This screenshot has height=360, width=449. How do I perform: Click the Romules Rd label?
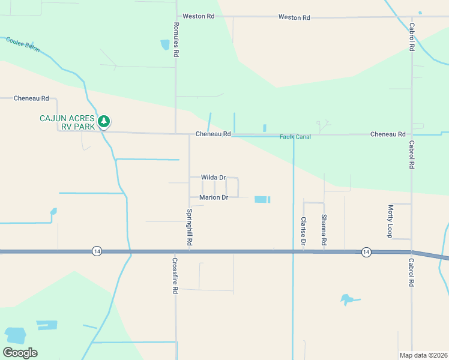(x=176, y=41)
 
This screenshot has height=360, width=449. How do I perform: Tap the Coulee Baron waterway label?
(x=23, y=44)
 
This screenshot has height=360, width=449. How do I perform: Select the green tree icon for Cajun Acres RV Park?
(x=104, y=122)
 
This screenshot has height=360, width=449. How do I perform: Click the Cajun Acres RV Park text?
(x=67, y=122)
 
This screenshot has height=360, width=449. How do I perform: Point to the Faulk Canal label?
(x=295, y=137)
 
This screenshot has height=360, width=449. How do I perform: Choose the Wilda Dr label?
(x=213, y=178)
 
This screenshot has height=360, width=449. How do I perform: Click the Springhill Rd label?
(x=189, y=227)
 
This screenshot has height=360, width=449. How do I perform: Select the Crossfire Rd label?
(x=175, y=275)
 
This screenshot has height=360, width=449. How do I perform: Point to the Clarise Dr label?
(x=304, y=232)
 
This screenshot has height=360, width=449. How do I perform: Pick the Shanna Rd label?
(x=324, y=229)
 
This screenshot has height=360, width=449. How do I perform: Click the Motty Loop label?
(x=390, y=220)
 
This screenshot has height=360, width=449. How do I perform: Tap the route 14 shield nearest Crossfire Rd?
(x=97, y=251)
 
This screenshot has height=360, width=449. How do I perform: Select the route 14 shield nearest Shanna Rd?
(x=366, y=252)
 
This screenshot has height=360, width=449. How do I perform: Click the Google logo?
(x=20, y=353)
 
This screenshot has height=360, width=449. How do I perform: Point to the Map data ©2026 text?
(x=423, y=355)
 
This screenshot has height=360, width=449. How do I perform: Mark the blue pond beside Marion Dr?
(x=262, y=199)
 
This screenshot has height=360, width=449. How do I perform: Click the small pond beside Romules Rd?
(x=165, y=44)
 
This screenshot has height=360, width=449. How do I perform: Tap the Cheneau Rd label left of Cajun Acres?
(x=31, y=98)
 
